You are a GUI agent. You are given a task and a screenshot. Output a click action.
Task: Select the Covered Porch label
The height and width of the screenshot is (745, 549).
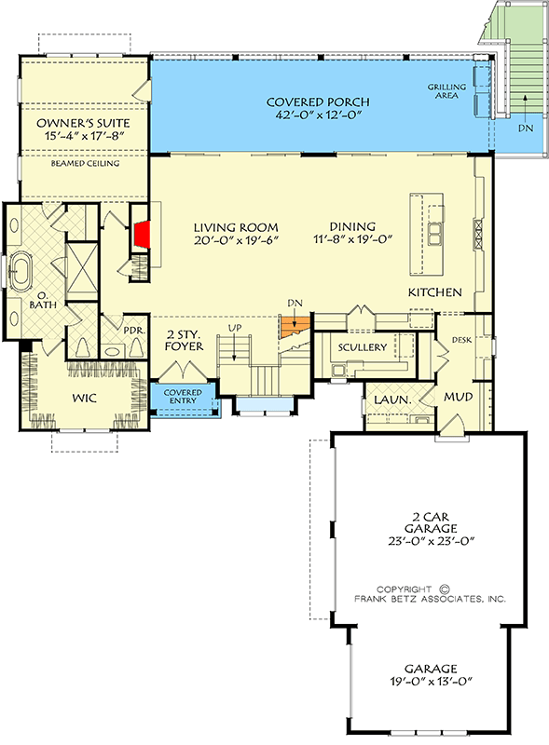click(317, 102)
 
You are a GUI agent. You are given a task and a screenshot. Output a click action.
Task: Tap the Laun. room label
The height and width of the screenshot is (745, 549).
click(387, 400)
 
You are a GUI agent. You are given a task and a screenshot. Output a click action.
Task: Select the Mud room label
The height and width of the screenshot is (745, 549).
click(458, 398)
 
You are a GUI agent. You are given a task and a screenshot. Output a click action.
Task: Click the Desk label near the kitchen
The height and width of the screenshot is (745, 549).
click(461, 340)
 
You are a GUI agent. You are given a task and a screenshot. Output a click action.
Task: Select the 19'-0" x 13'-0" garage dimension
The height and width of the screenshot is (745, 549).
click(430, 682)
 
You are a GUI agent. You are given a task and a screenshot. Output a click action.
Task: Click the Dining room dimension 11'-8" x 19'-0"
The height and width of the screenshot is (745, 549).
click(352, 239)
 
